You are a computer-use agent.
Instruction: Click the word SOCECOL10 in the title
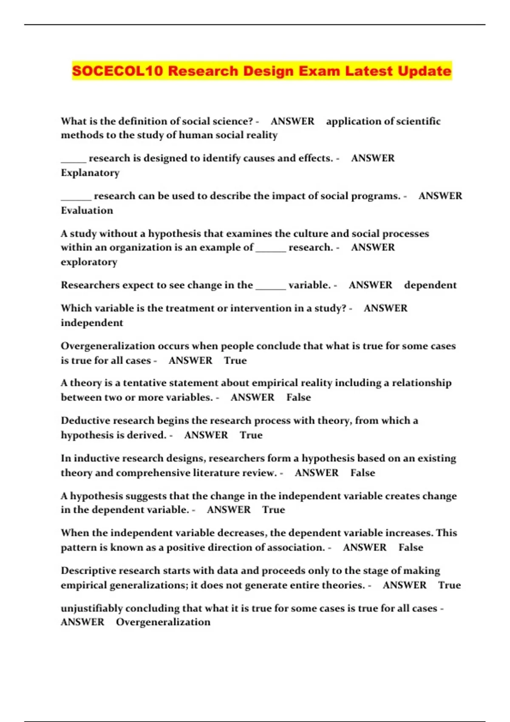click(x=117, y=71)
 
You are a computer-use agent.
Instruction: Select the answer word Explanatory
click(x=90, y=173)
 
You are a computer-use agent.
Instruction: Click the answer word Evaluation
click(x=87, y=211)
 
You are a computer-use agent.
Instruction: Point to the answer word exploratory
click(x=89, y=262)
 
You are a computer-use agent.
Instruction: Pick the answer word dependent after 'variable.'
click(x=430, y=285)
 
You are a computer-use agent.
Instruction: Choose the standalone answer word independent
click(x=92, y=323)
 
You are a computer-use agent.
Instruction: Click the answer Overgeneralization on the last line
click(x=163, y=622)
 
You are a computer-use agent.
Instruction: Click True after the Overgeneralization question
click(x=235, y=361)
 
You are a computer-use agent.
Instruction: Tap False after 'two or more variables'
click(x=298, y=398)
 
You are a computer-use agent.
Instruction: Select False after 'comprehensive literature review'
click(x=363, y=473)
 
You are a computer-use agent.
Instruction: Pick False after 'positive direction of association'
click(x=411, y=547)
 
